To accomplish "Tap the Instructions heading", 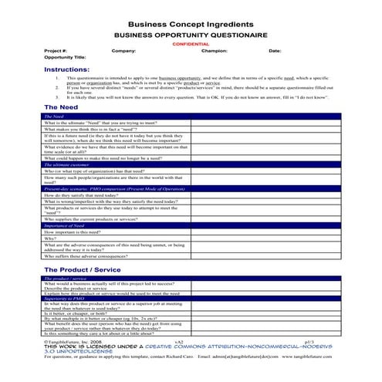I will (66, 69).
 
